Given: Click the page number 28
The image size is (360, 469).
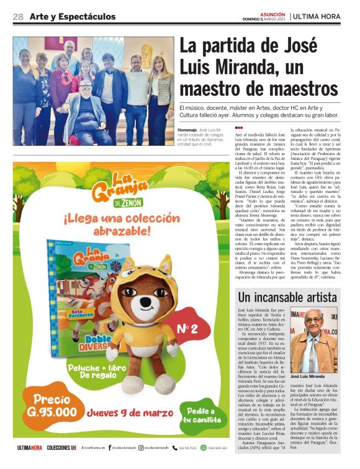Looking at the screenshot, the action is [x=18, y=17].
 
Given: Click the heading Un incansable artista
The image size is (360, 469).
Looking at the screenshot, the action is [x=287, y=297].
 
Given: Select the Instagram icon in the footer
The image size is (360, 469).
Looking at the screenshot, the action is [x=141, y=447].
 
